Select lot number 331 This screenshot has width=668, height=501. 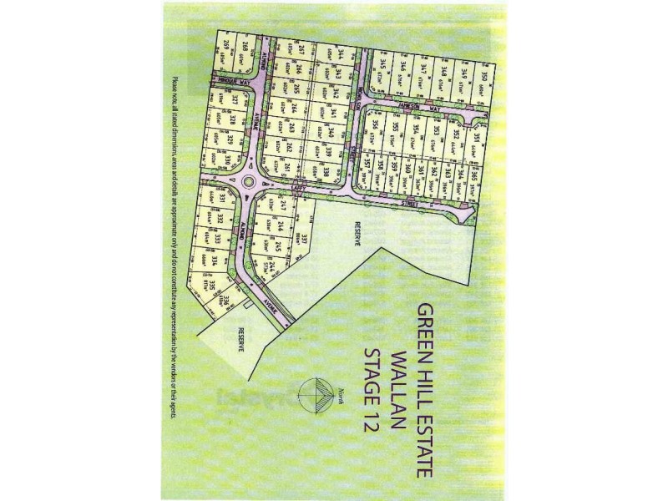222,197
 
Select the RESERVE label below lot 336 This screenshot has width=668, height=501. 241,339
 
